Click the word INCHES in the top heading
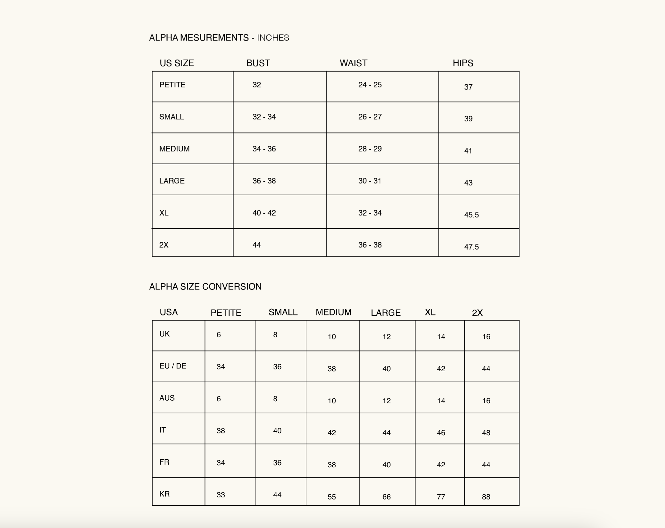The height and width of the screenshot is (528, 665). [x=273, y=38]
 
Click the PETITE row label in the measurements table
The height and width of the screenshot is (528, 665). [x=172, y=85]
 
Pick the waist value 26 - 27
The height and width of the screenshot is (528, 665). [x=370, y=117]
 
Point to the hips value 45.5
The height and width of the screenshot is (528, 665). [x=471, y=215]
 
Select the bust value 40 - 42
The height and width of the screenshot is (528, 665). [x=264, y=213]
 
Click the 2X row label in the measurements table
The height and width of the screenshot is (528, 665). [x=164, y=245]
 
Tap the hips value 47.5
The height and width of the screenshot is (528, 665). [x=471, y=247]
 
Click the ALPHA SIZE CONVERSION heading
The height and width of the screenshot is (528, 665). [x=205, y=287]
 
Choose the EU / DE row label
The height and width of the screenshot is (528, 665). [x=173, y=366]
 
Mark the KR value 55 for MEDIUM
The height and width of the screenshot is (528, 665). [x=332, y=497]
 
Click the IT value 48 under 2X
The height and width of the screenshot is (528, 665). [x=486, y=433]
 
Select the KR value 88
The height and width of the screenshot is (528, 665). [x=486, y=497]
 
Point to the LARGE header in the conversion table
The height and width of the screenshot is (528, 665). [x=386, y=313]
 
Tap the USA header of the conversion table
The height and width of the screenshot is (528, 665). [x=169, y=312]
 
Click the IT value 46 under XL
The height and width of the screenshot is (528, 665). [x=441, y=433]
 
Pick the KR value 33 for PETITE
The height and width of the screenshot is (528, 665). [x=220, y=495]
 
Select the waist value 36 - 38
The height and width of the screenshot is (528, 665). [x=370, y=245]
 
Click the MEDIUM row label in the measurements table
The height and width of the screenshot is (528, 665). [x=174, y=149]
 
